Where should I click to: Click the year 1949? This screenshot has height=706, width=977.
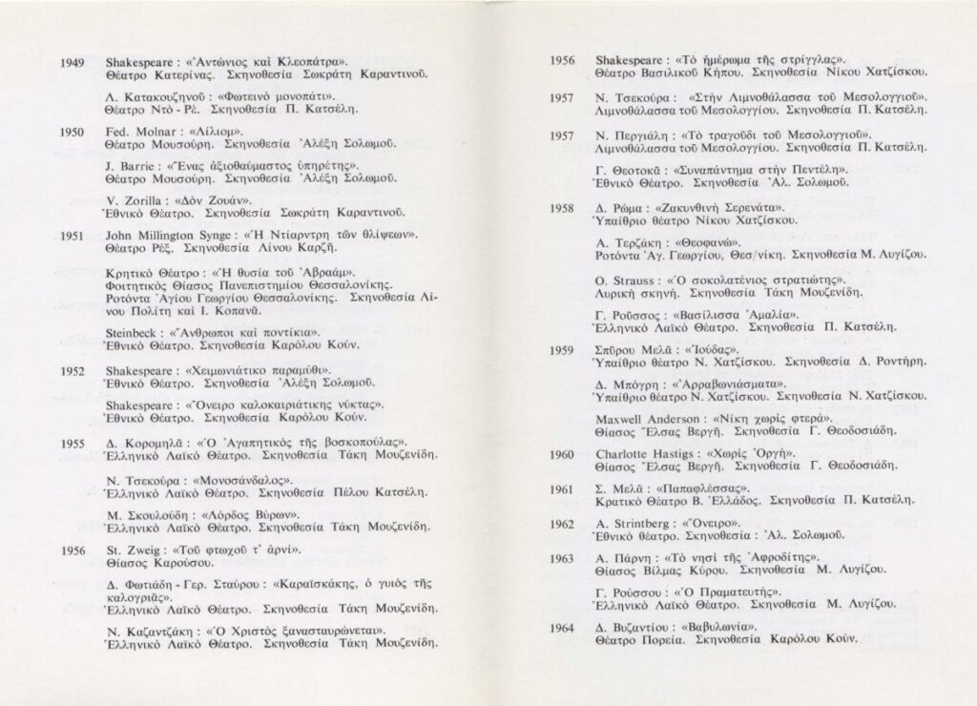73,63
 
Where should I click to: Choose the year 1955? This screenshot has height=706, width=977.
73,443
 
